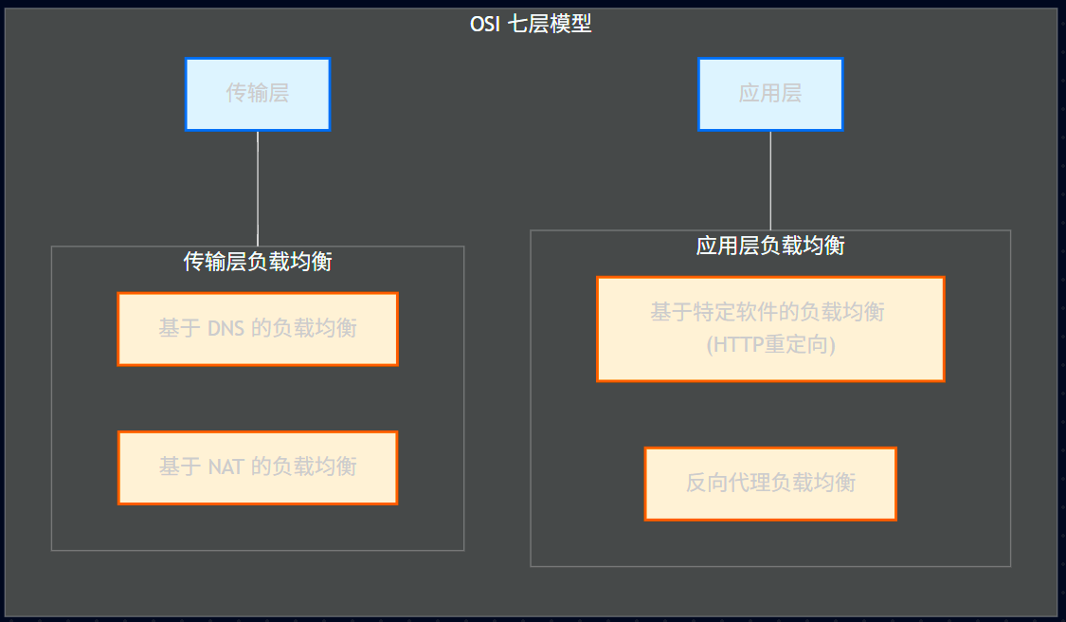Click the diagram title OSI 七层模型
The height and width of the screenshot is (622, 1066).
[x=531, y=24]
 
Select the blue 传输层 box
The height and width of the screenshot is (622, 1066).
[x=258, y=94]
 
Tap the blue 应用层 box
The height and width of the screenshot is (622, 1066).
[x=770, y=94]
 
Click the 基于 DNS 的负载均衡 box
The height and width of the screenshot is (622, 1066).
[x=258, y=329]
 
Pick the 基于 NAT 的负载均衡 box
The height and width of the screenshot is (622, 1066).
[x=258, y=467]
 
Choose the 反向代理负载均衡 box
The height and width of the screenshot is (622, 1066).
[x=770, y=484]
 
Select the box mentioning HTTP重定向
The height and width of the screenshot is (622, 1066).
[x=770, y=329]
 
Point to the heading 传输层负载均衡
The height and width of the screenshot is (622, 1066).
[x=258, y=262]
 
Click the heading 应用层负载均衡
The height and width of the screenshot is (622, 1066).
[x=770, y=246]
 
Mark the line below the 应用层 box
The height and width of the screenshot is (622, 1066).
[x=770, y=180]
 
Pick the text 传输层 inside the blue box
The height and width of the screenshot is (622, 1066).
[x=258, y=93]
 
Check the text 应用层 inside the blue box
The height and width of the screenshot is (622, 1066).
[x=770, y=93]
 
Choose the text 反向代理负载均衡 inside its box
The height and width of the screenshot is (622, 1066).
[x=770, y=484]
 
